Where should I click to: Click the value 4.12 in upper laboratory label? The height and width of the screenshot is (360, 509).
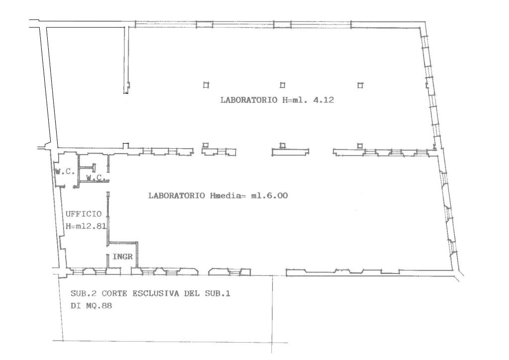tap(323, 99)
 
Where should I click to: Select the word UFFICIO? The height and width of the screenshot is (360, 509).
tap(84, 214)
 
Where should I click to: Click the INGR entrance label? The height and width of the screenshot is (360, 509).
tap(123, 257)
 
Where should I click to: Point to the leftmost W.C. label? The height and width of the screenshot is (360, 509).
tap(65, 172)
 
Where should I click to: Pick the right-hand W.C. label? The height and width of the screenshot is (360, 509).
tap(96, 178)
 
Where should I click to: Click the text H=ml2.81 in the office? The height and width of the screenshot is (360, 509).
tap(86, 226)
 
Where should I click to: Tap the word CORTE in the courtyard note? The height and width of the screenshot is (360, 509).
tap(114, 293)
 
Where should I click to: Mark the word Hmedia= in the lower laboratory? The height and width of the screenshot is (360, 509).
tap(228, 195)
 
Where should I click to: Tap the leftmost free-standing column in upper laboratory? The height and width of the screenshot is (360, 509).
tap(206, 85)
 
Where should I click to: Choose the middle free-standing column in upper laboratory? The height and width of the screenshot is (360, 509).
tap(282, 85)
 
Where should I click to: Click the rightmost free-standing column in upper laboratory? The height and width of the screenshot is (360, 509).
tap(360, 85)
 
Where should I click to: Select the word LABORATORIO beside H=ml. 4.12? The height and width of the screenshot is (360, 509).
tap(249, 99)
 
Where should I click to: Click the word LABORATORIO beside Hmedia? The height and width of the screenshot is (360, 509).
tap(177, 195)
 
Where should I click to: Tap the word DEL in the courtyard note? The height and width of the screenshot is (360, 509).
tap(192, 293)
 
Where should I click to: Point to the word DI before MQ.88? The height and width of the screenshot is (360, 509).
tap(76, 305)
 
